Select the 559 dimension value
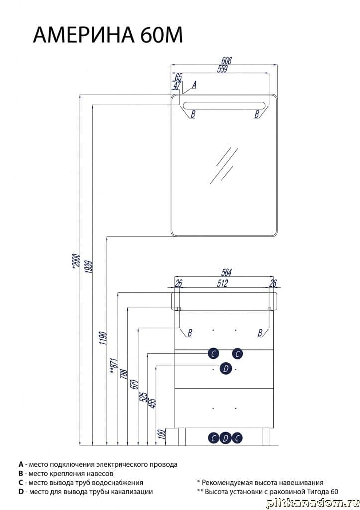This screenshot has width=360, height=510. click(x=222, y=69)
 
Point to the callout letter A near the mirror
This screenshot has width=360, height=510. click(x=194, y=85)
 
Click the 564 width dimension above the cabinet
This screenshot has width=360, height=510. click(x=227, y=273)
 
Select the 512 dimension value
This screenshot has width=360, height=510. click(x=222, y=283)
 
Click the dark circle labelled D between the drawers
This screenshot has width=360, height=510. click(x=226, y=369)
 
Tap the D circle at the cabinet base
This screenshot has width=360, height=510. click(x=226, y=438)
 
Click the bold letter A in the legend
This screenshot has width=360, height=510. click(x=21, y=464)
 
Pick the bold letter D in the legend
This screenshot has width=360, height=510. click(x=21, y=492)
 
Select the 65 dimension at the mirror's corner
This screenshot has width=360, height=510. click(x=178, y=77)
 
